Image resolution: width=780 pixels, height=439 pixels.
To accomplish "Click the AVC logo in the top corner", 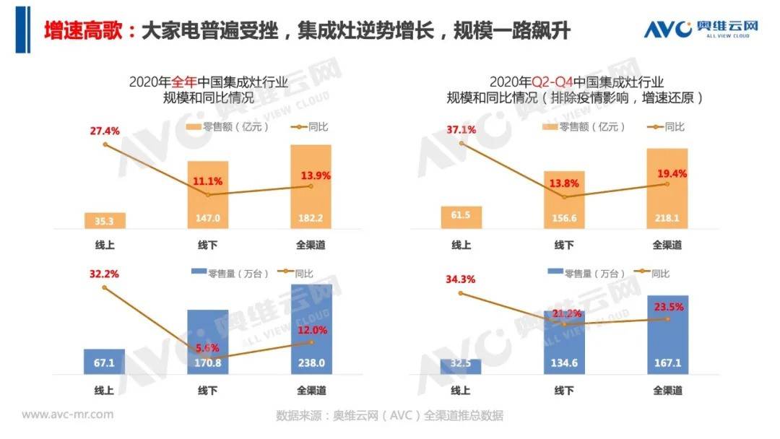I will (x=701, y=28).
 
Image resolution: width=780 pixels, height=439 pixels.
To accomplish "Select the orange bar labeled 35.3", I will (x=105, y=220).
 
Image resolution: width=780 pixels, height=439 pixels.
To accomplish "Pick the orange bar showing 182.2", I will (x=311, y=186).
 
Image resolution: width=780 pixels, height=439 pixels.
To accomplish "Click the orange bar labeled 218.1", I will (x=667, y=188).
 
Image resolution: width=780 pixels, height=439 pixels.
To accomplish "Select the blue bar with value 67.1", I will (x=105, y=362).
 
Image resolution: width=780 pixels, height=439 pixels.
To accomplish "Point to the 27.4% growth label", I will (x=105, y=131).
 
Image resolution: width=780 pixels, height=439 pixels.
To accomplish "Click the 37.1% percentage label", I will (x=462, y=130).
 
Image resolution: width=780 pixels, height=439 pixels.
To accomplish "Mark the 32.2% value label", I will (x=105, y=274).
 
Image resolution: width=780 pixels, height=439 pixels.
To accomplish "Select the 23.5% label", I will (x=668, y=305).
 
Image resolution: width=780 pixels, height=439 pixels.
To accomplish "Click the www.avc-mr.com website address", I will (x=67, y=414).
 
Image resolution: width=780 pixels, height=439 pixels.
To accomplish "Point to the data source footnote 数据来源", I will (x=389, y=416).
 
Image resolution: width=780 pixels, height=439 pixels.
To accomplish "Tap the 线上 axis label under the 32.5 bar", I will (x=461, y=391).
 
